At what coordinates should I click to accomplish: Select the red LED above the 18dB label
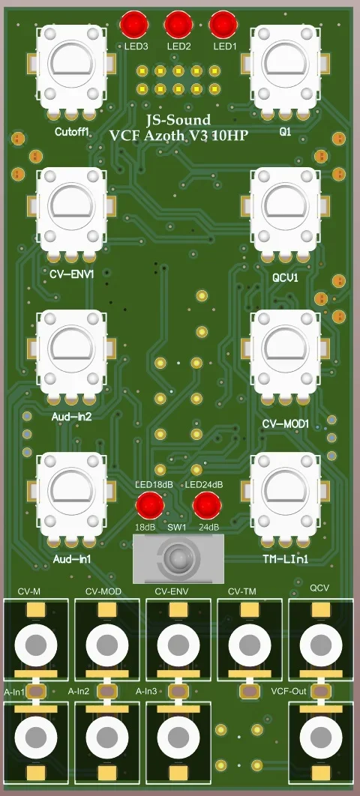click(150, 506)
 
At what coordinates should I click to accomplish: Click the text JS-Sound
click(178, 120)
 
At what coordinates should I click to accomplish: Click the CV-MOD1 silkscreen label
click(286, 423)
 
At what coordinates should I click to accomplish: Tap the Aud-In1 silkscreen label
click(73, 559)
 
